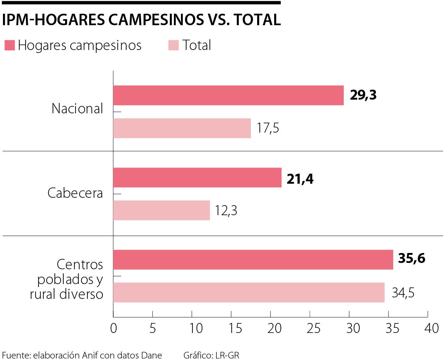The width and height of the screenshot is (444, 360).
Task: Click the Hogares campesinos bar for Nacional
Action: tap(228, 96)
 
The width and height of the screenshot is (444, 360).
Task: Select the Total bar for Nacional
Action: tap(182, 128)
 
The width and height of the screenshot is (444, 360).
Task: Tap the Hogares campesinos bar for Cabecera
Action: tap(197, 177)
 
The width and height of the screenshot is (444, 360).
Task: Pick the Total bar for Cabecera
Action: tap(161, 210)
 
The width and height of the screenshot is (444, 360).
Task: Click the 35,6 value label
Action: tap(411, 258)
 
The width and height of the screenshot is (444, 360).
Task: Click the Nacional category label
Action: tap(77, 109)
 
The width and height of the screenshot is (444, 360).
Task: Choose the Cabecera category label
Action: tap(75, 193)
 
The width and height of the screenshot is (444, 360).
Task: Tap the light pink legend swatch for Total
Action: tap(173, 46)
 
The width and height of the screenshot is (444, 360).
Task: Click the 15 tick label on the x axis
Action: tap(231, 329)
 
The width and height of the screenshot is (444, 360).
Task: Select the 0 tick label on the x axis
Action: tap(113, 329)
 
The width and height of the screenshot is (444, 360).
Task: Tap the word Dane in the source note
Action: tap(152, 355)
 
